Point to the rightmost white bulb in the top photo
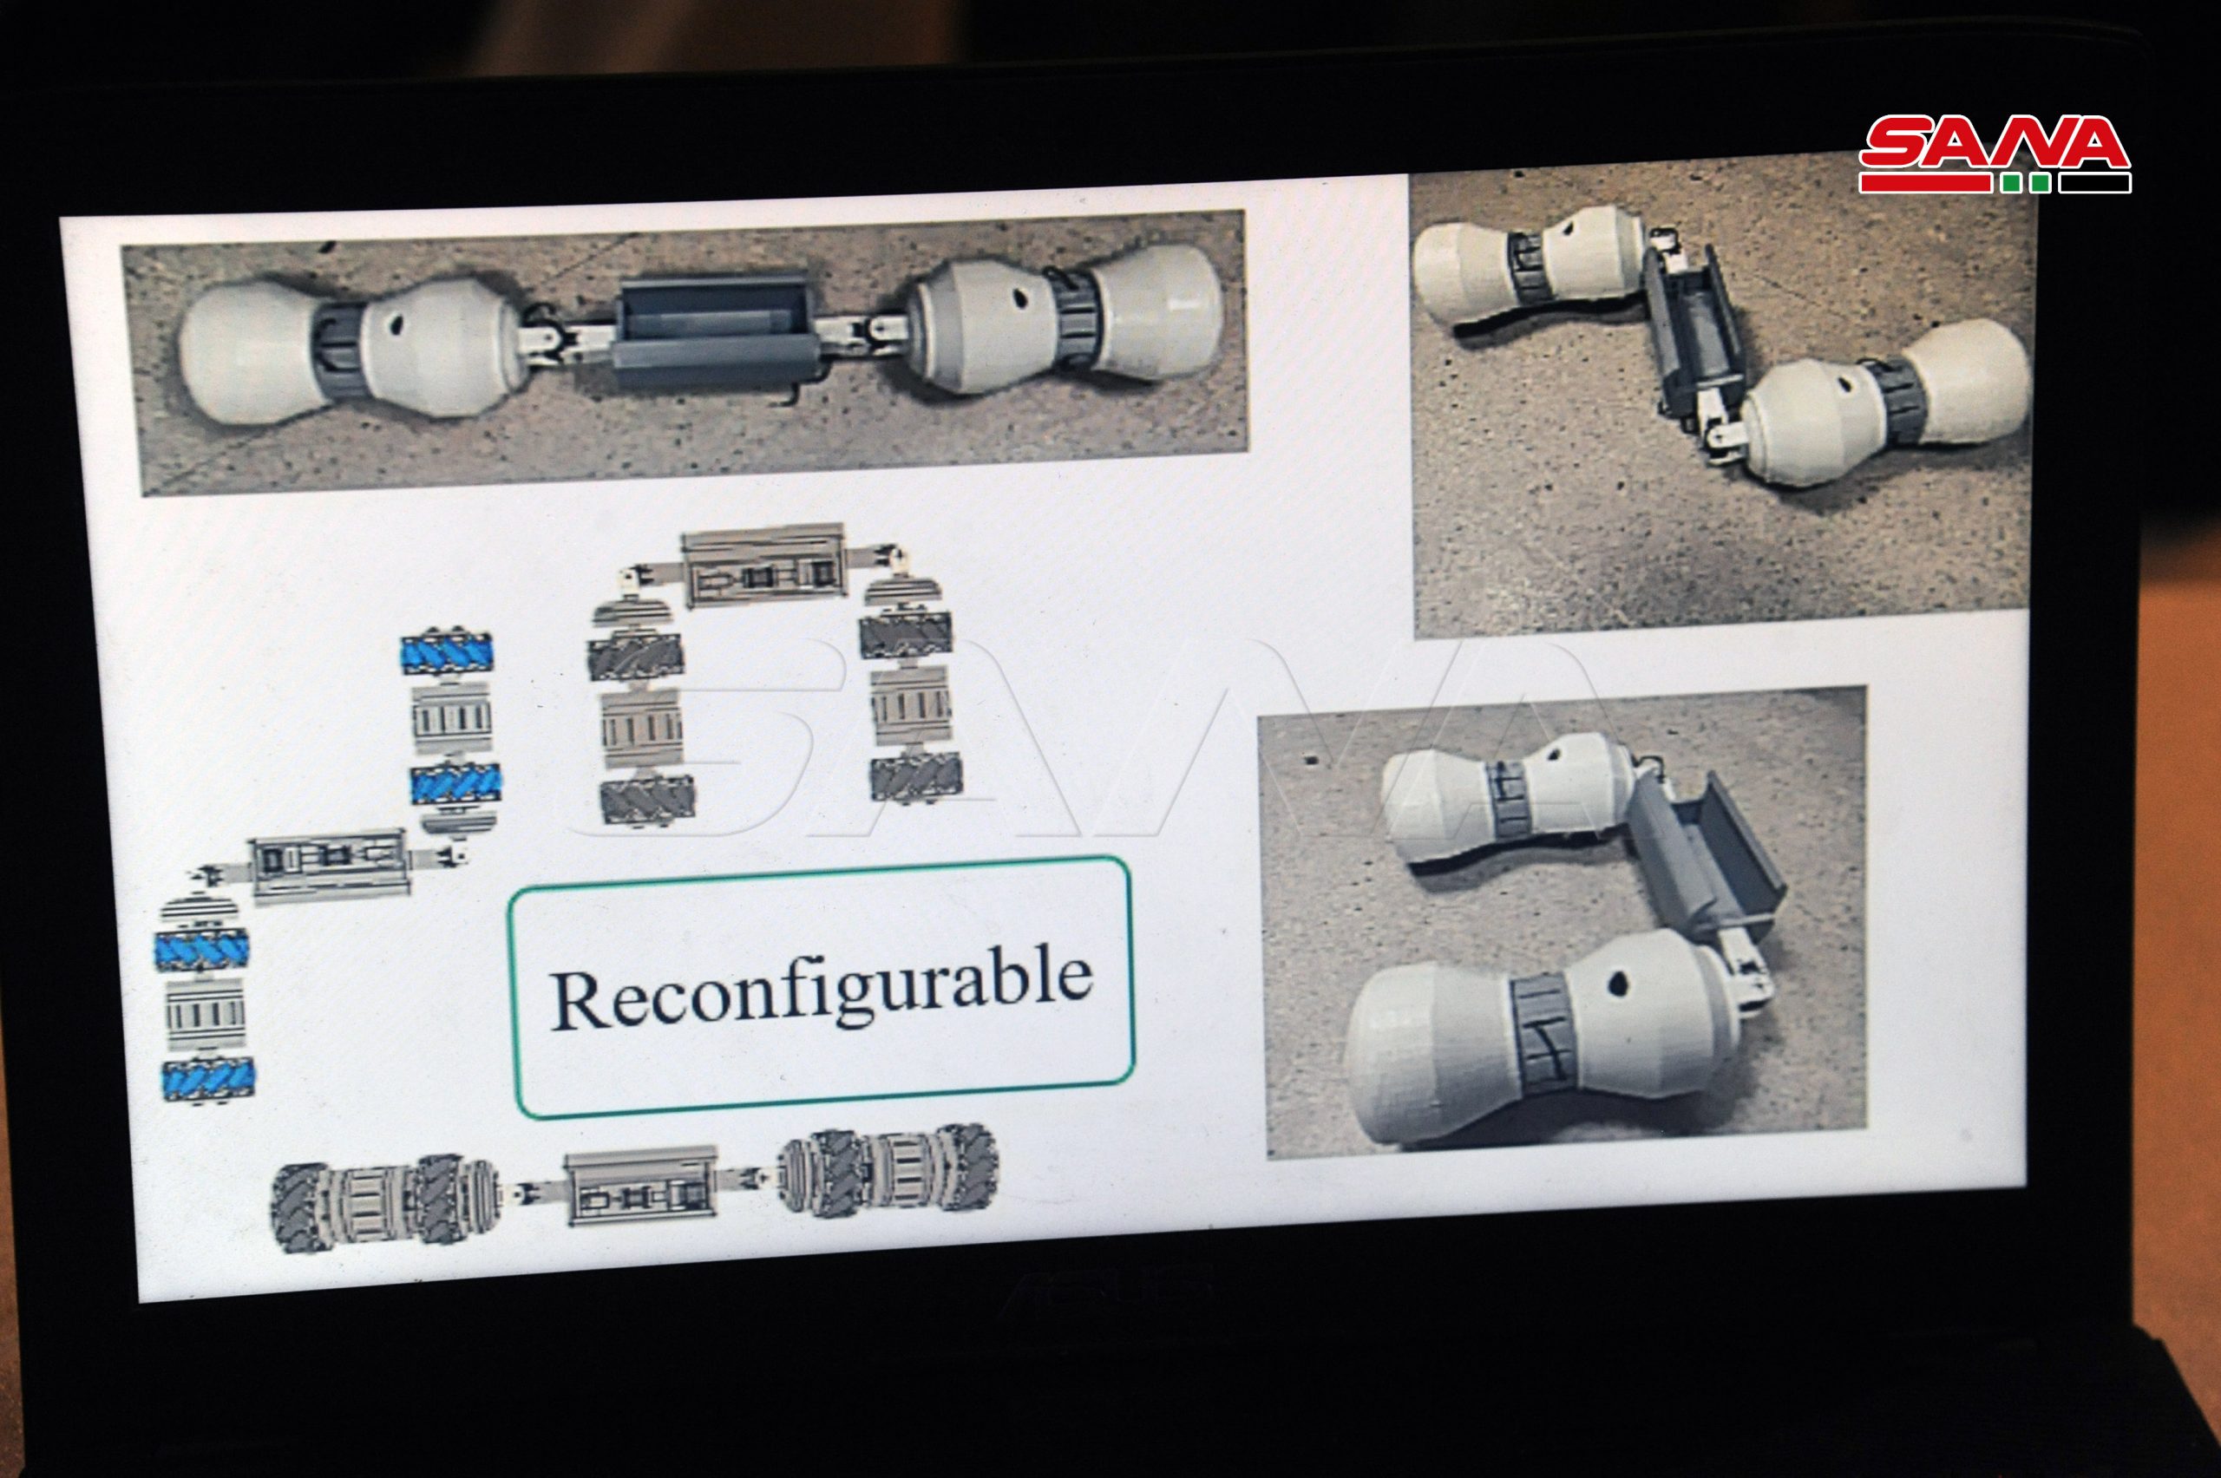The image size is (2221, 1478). click(1156, 312)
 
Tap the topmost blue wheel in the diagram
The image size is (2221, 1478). click(448, 651)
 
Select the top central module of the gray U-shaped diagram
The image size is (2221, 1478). click(764, 564)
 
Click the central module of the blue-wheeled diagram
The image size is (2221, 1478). click(330, 866)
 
